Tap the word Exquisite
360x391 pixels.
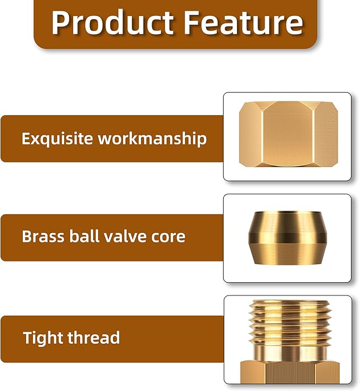57,139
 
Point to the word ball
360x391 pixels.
83,236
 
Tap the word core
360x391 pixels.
168,236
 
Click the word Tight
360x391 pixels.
42,337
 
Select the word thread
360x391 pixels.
96,337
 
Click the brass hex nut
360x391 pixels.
288,135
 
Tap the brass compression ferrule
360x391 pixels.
287,237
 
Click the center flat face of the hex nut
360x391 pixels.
287,135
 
